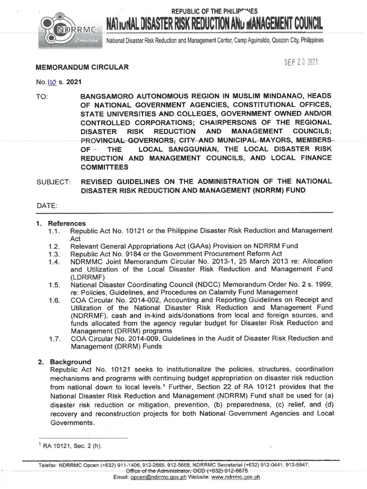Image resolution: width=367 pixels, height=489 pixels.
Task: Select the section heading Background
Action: pos(69,361)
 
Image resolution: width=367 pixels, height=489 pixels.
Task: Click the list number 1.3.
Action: pos(53,254)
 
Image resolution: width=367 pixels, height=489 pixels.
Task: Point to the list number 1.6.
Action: pos(53,300)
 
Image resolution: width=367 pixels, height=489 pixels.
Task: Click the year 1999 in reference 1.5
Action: pos(323,285)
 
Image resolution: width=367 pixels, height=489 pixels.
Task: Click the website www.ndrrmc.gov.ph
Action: pos(236,477)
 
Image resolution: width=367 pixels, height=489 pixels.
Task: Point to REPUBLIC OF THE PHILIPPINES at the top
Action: pos(214,11)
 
